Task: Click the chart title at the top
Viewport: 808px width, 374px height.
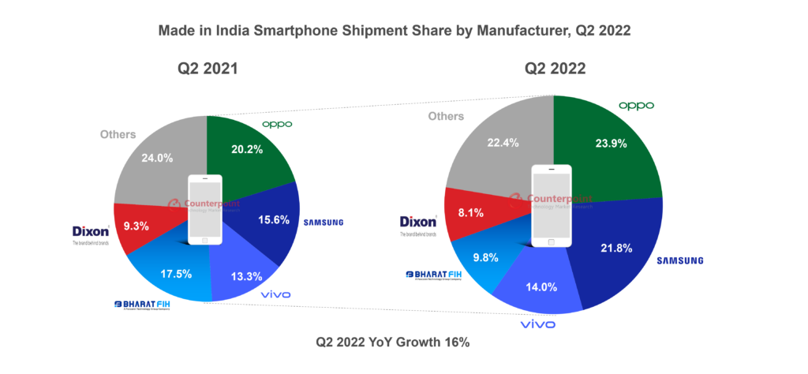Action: coord(395,31)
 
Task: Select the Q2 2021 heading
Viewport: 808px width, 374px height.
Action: coord(208,69)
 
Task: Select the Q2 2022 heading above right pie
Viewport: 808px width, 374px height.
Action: coord(555,69)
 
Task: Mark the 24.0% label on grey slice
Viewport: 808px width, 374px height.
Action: coord(155,157)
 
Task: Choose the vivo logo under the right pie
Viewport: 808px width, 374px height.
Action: coord(537,324)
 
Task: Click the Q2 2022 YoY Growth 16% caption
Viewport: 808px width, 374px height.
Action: coord(393,342)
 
